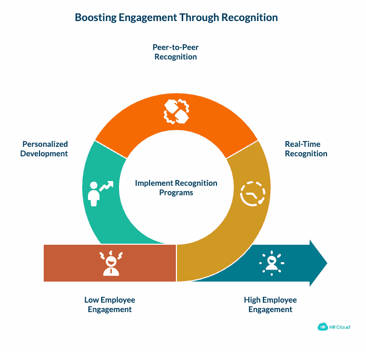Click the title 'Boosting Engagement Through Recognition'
[x=176, y=17]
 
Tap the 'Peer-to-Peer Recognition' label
[x=176, y=52]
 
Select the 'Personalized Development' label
[x=45, y=149]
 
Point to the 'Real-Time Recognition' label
[x=306, y=149]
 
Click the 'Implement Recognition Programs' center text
[x=176, y=188]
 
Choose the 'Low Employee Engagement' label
[x=110, y=305]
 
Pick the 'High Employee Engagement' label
[x=270, y=305]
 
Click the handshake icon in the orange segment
[x=176, y=111]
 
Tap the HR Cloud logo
[x=334, y=327]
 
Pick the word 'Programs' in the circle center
[x=176, y=193]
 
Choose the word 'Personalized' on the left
[x=45, y=144]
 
